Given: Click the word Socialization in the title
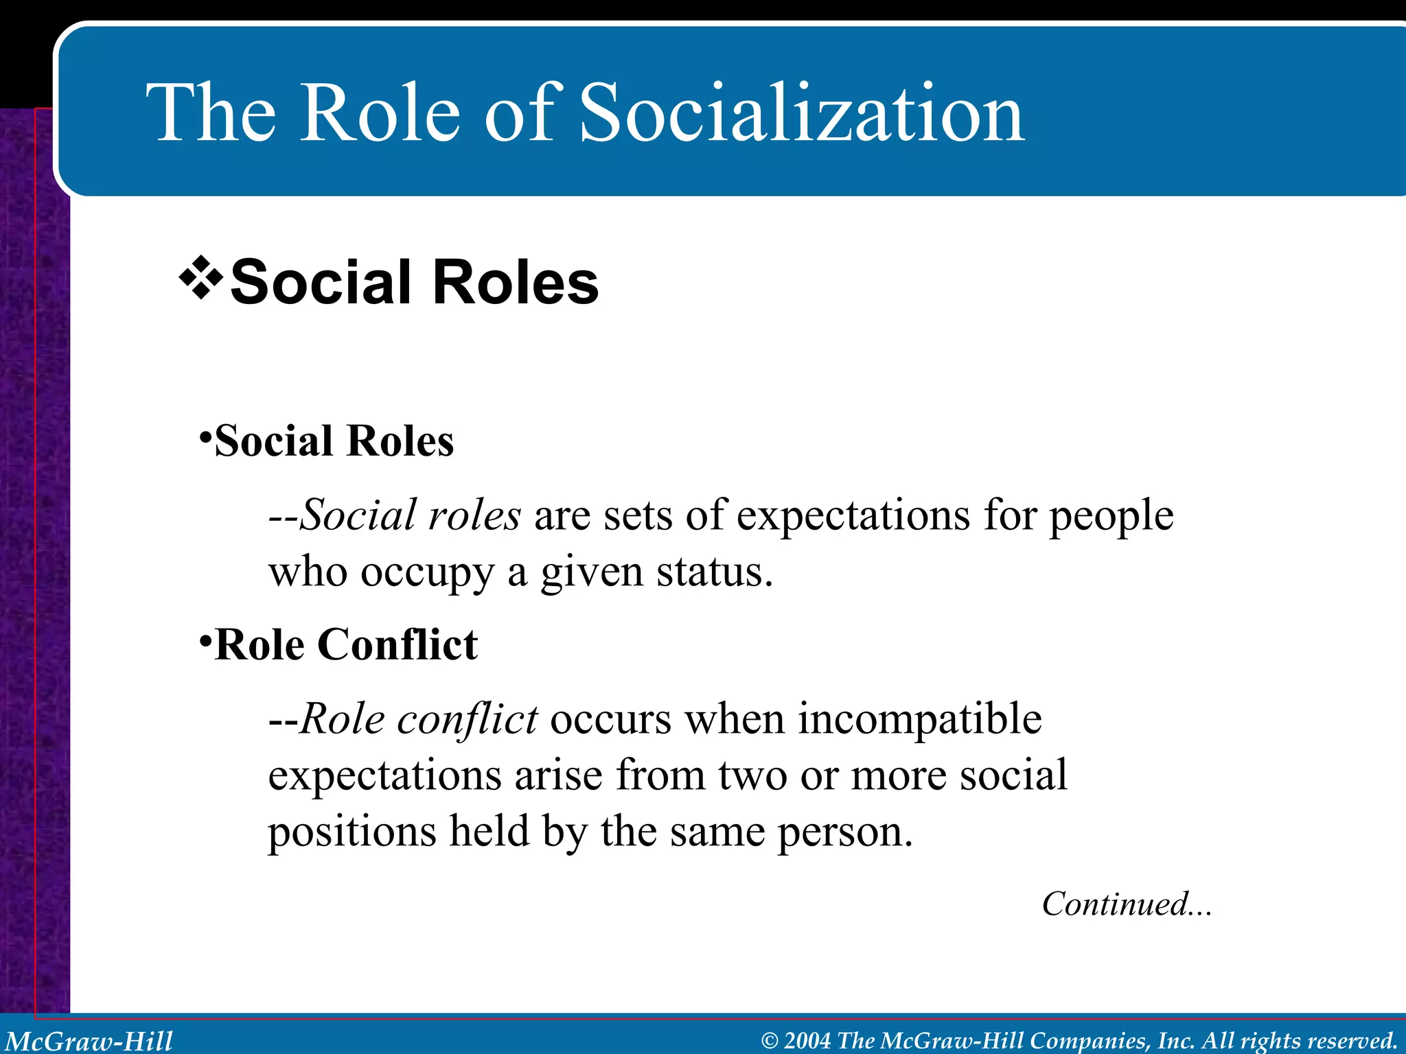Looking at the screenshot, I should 802,113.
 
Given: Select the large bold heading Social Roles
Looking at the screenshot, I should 414,282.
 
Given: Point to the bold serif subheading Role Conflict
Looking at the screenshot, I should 345,645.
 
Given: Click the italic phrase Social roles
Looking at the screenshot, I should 411,515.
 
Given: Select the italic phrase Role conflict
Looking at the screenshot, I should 419,720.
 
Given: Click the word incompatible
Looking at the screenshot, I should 920,720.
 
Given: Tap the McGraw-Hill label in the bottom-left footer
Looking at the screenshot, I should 89,1041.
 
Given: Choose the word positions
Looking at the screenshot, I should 351,832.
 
